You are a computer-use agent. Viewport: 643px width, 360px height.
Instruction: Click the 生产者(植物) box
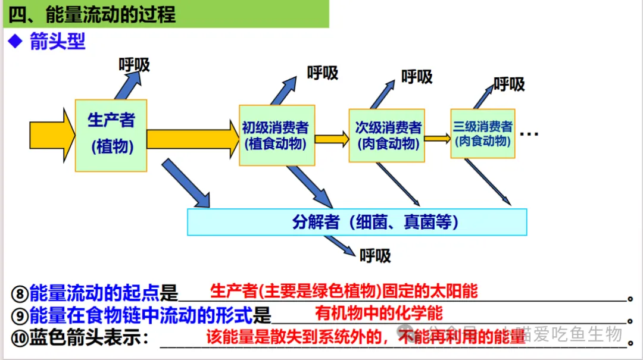click(x=111, y=136)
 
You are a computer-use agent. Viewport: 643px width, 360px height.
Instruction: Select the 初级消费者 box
click(x=276, y=135)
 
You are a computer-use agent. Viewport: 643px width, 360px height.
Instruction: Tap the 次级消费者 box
click(x=386, y=135)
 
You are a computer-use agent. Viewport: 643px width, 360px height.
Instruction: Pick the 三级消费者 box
click(x=482, y=133)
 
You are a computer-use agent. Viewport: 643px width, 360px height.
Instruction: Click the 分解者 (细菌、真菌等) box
click(x=357, y=222)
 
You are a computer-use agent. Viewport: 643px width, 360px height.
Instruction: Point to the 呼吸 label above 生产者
click(x=135, y=64)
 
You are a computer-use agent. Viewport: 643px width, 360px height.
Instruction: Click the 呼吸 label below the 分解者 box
click(x=375, y=256)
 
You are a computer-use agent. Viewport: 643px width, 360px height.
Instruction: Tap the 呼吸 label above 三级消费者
click(x=509, y=84)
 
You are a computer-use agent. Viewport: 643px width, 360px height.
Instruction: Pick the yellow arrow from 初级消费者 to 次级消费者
click(x=331, y=139)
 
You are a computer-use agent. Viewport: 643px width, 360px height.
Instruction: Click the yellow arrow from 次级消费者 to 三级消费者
click(x=438, y=139)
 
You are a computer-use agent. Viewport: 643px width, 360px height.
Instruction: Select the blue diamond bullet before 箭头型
click(x=14, y=42)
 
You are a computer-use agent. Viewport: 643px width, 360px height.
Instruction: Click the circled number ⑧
click(x=20, y=293)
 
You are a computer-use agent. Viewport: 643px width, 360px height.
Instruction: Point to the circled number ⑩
click(x=20, y=339)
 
